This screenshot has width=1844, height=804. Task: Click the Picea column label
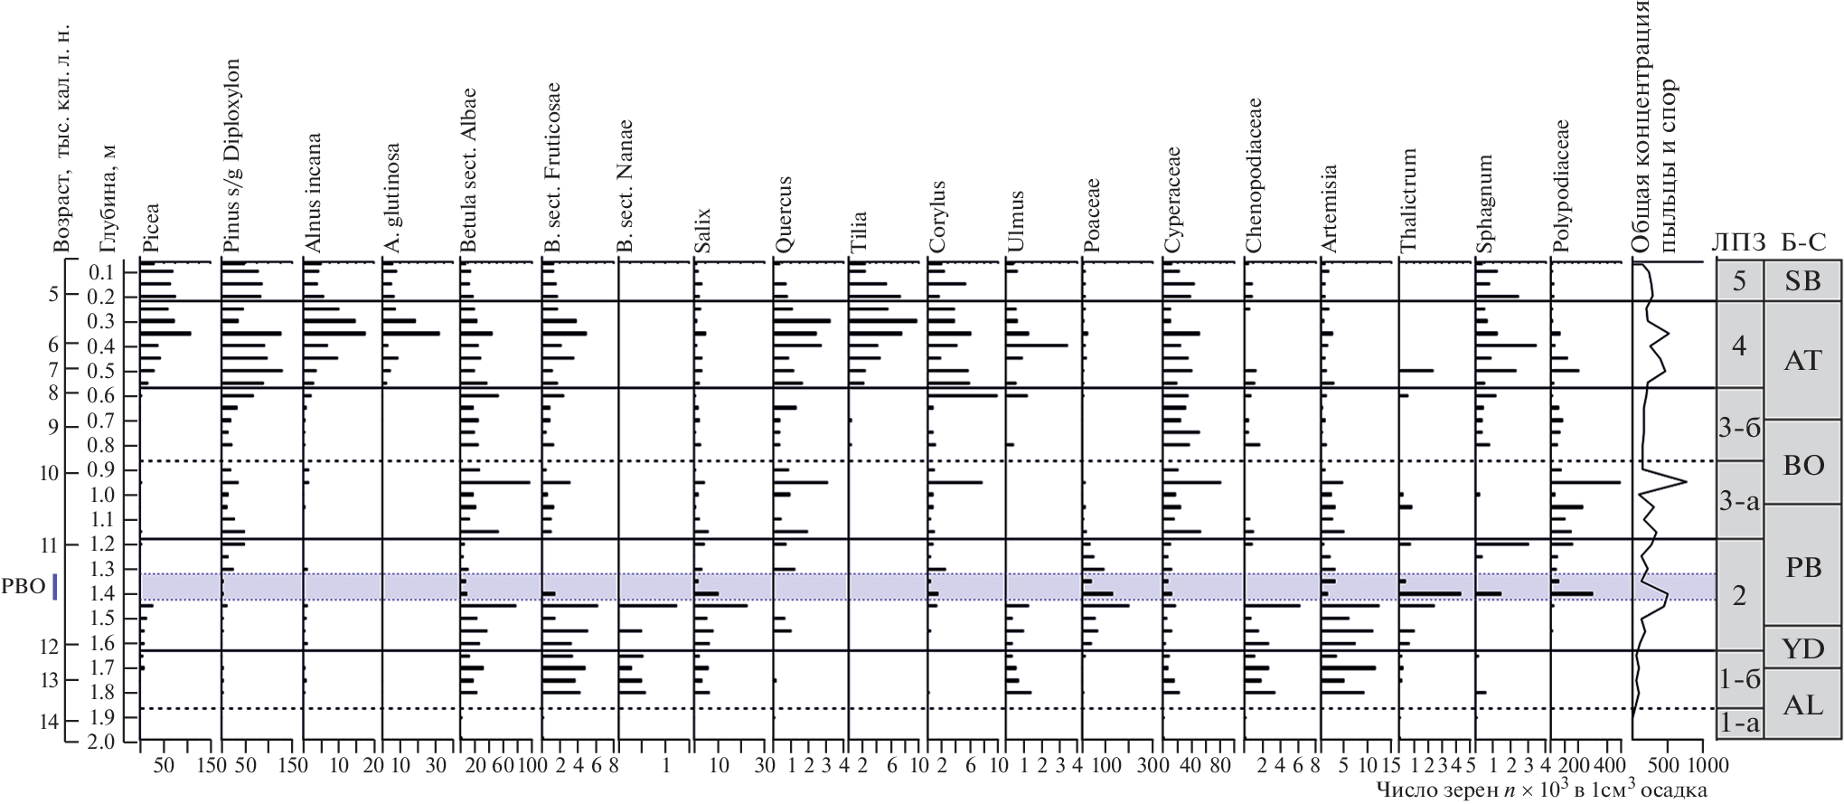pos(151,228)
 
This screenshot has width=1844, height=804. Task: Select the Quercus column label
pos(784,214)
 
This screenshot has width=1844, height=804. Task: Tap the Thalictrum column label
pos(1408,201)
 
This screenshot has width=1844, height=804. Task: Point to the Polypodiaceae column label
pos(1561,186)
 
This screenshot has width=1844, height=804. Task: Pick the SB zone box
pos(1802,281)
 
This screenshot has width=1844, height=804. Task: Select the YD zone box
pos(1802,648)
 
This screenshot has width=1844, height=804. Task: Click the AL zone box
pos(1802,705)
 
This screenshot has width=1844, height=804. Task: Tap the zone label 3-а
pos(1739,499)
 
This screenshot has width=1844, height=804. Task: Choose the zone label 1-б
pos(1739,679)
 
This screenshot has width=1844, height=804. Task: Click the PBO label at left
pos(24,586)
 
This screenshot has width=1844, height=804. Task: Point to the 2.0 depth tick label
pos(99,743)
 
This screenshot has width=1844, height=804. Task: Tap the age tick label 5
pos(53,295)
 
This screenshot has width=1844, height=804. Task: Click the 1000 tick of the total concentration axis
pos(1702,766)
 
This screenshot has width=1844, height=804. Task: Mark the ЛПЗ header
pos(1737,241)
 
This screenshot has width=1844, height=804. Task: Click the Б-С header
pos(1802,241)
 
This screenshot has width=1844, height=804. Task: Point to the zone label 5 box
pos(1739,281)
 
